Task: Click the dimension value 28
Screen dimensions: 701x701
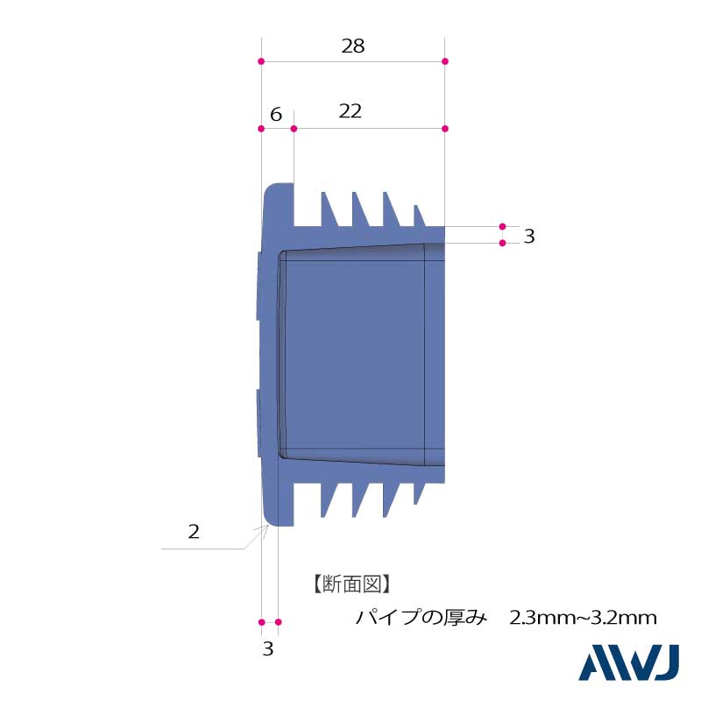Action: [353, 46]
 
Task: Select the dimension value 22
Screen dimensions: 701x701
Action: [350, 111]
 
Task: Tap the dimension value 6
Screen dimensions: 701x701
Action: [276, 115]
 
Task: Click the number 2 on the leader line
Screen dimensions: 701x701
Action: [194, 532]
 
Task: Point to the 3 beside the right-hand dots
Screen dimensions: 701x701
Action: [529, 236]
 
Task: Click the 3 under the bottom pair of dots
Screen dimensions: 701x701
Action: [268, 649]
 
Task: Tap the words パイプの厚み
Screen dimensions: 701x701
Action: [421, 618]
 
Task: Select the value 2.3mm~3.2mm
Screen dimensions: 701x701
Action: [583, 618]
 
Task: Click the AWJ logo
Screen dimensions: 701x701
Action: [628, 663]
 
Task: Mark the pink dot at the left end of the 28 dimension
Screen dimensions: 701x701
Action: [261, 61]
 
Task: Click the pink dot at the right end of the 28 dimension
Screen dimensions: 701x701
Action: [445, 61]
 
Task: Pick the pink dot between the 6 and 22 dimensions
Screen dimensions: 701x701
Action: [294, 129]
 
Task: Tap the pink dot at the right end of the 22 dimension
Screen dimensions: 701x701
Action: [445, 129]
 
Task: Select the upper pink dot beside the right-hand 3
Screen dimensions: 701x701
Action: [502, 226]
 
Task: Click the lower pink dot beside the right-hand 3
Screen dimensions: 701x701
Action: [502, 243]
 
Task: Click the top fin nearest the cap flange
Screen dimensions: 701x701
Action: [329, 211]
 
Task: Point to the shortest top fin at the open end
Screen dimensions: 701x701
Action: [420, 216]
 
